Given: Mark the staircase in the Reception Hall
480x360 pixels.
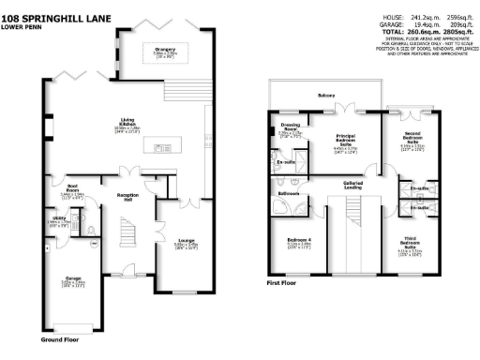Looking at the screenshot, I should click(129, 232).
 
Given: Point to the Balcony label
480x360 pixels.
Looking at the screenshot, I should click(325, 96).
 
